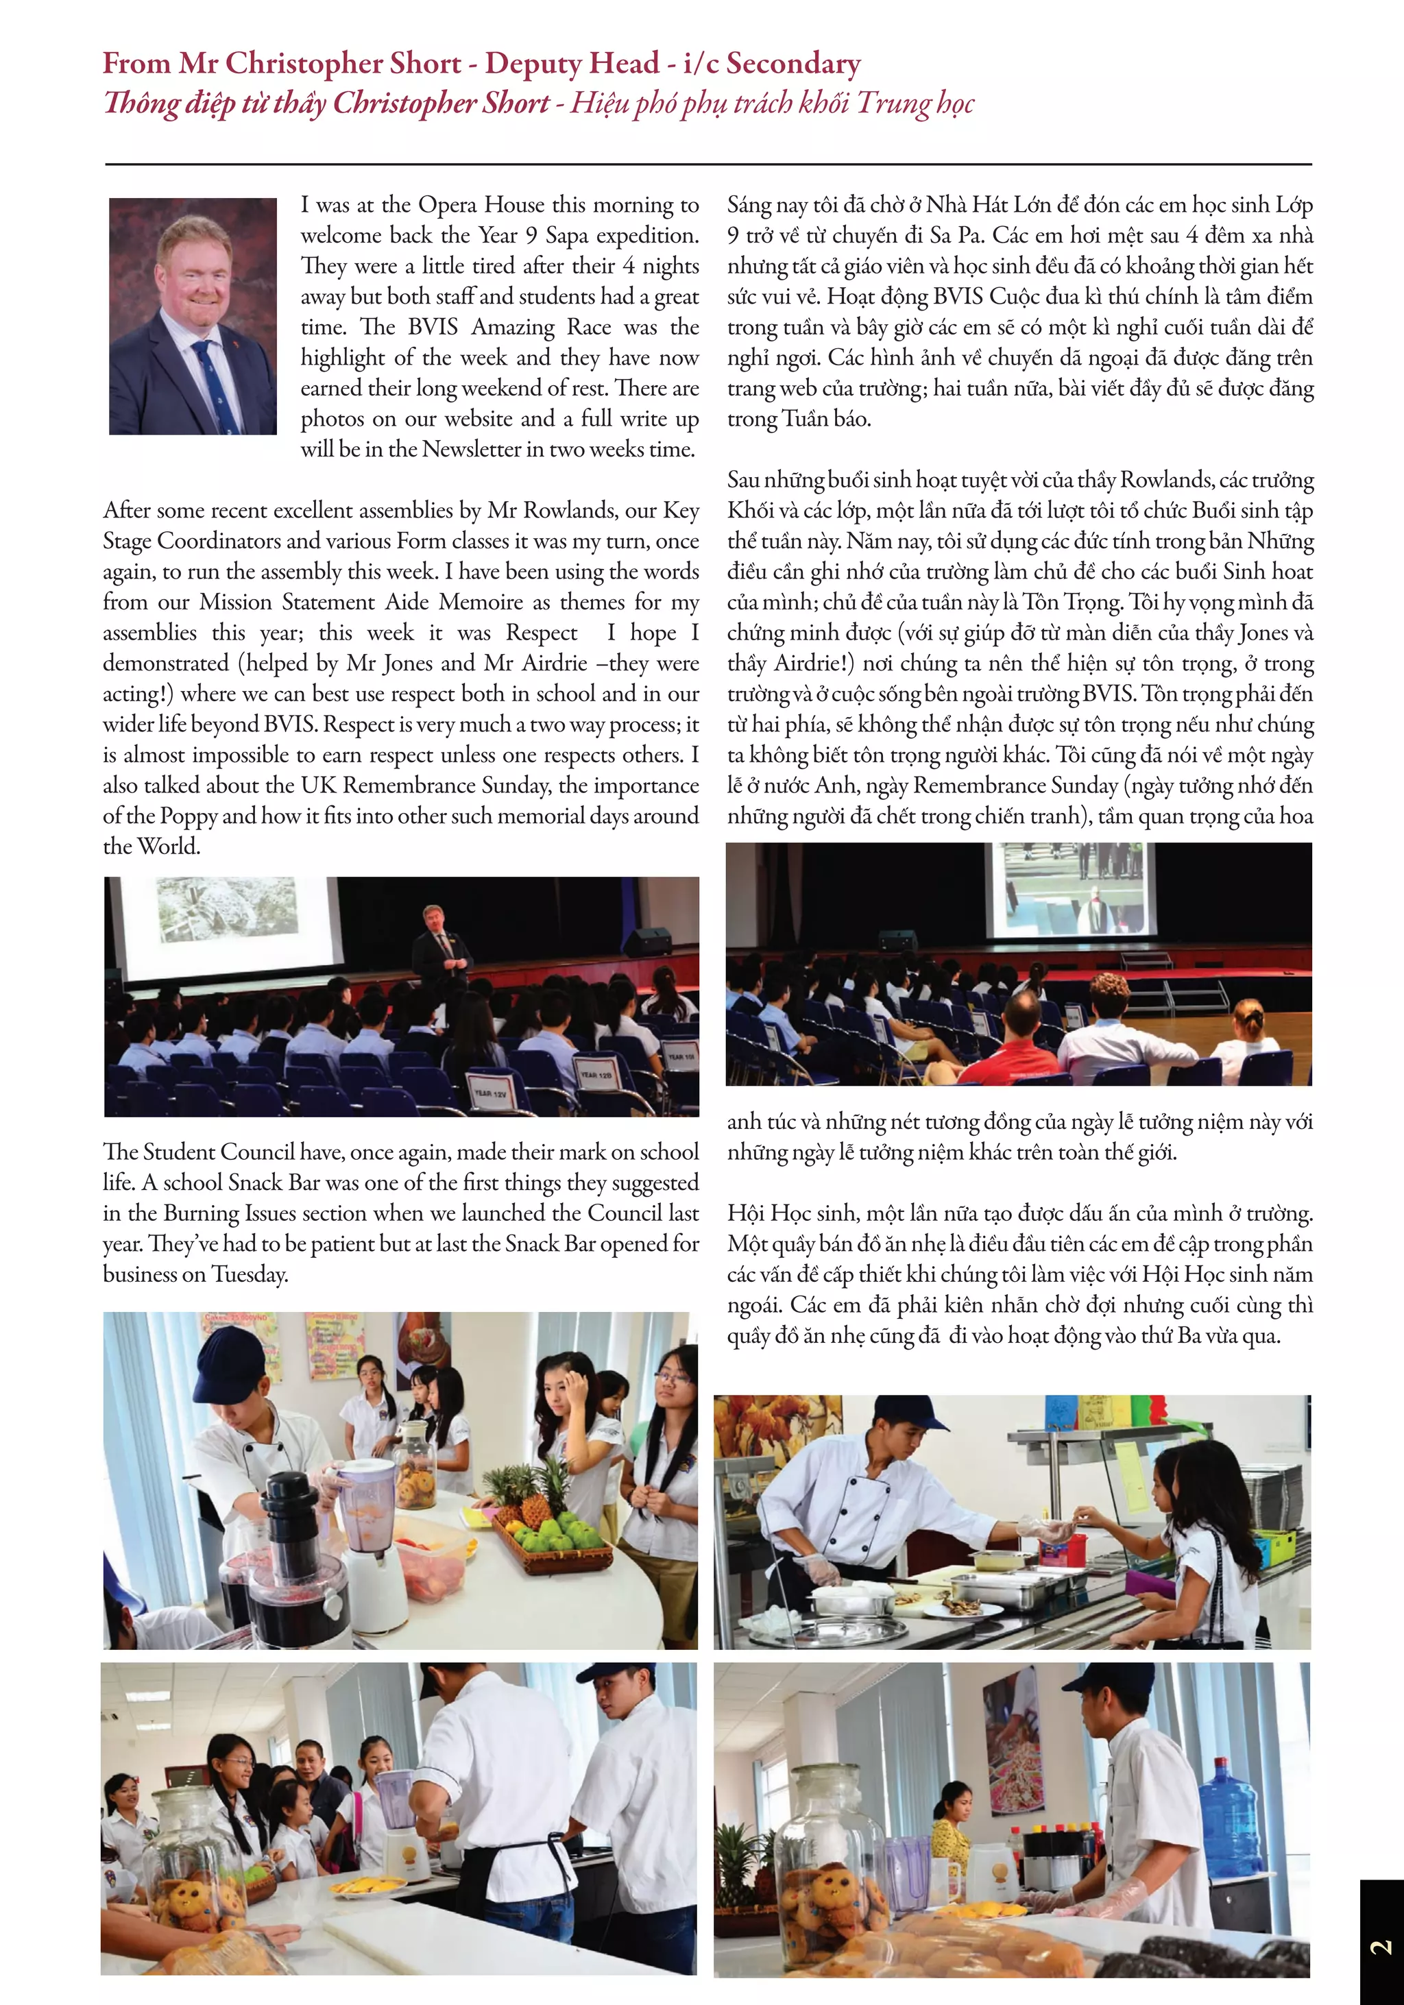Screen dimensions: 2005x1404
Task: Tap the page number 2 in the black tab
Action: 1381,1947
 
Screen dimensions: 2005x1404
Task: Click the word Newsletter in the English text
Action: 472,450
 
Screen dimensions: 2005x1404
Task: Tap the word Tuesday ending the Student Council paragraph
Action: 249,1275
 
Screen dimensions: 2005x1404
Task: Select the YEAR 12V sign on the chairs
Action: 490,1091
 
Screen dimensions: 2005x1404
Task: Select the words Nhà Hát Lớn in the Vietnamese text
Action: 987,205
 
